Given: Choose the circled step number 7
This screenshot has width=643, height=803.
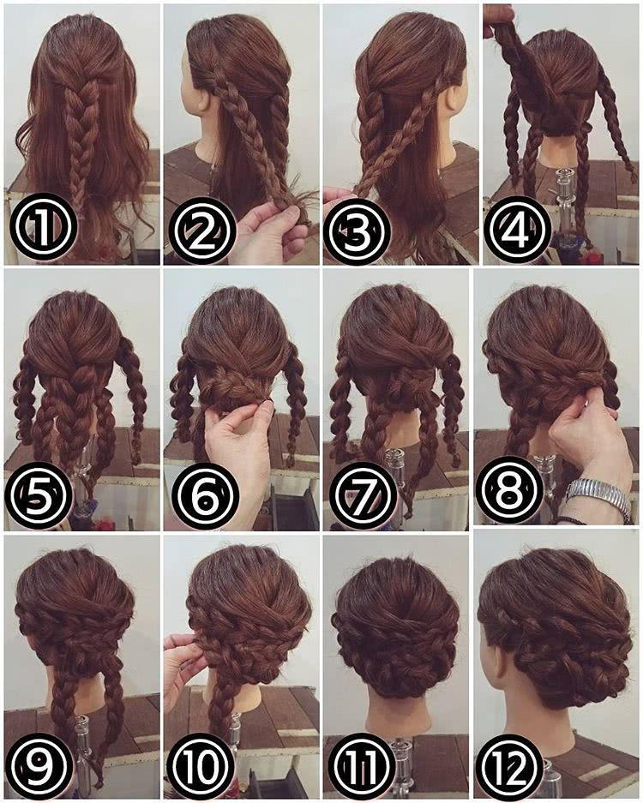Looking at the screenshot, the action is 363,495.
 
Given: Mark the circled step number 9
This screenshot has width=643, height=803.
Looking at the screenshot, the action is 39,765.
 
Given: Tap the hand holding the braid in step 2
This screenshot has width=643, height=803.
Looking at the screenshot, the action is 272,230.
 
